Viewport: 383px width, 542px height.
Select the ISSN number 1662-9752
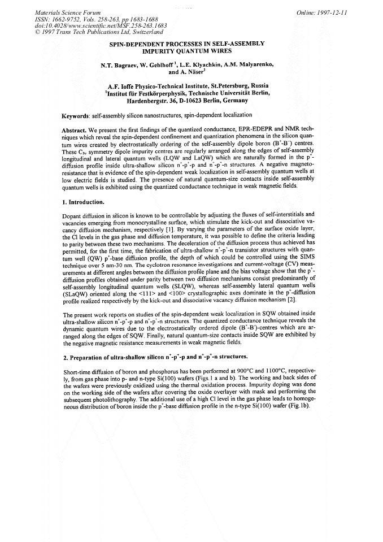click(38, 19)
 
